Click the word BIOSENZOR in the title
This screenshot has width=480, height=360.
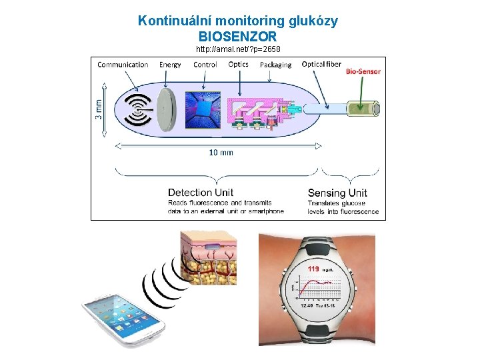pyautogui.click(x=237, y=36)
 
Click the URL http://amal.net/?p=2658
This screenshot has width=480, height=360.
pyautogui.click(x=238, y=49)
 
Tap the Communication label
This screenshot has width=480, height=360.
pyautogui.click(x=123, y=65)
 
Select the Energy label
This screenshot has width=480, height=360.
pyautogui.click(x=170, y=65)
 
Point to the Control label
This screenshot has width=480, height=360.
pyautogui.click(x=205, y=65)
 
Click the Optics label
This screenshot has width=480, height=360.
pyautogui.click(x=238, y=65)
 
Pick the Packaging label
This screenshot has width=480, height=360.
pyautogui.click(x=275, y=65)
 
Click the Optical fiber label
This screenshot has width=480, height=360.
pyautogui.click(x=321, y=65)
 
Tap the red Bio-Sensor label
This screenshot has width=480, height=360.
pyautogui.click(x=363, y=71)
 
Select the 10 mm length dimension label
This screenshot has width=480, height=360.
pyautogui.click(x=221, y=153)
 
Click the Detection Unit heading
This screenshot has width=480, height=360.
pyautogui.click(x=201, y=193)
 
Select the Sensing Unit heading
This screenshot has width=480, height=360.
pyautogui.click(x=337, y=193)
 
